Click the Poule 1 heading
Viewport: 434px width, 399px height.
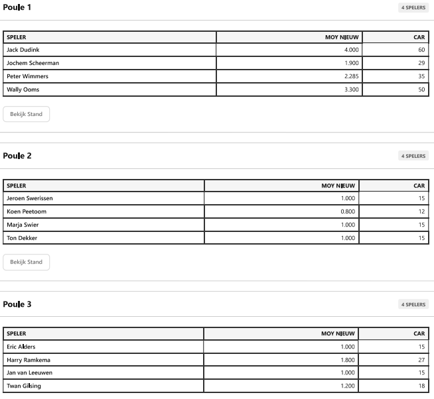[x=17, y=7]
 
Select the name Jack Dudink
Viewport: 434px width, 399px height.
[x=23, y=50]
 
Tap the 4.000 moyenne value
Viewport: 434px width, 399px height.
[x=351, y=50]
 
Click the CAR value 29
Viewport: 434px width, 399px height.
[x=421, y=63]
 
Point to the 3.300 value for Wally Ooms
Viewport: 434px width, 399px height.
[x=351, y=89]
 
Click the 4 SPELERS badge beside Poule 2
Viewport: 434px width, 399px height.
[x=413, y=156]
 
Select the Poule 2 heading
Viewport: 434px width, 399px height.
[x=17, y=156]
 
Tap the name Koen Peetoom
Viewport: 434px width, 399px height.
[x=27, y=211]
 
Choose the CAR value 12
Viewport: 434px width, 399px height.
[x=421, y=211]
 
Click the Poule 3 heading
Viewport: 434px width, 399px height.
[x=17, y=304]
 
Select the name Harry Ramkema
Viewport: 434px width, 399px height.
[x=29, y=360]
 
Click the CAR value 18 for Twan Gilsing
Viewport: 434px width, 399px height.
[x=421, y=386]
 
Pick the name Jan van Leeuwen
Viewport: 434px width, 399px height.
[x=30, y=372]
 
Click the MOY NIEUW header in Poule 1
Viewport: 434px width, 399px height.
[x=342, y=37]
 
